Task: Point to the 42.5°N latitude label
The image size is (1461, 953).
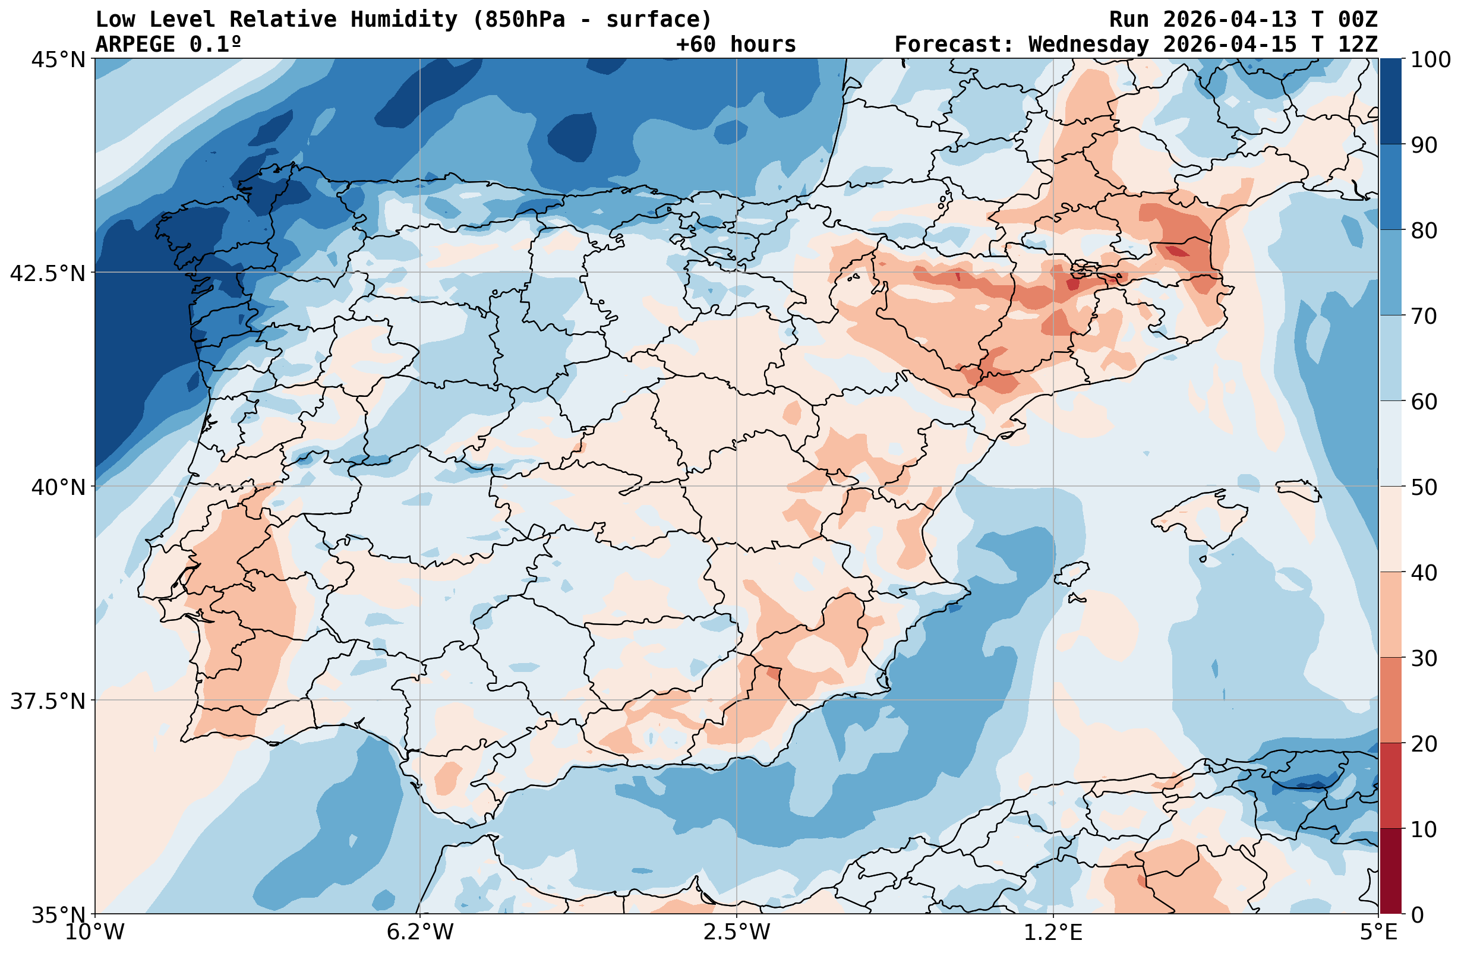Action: (x=48, y=273)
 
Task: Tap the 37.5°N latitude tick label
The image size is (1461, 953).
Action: (x=48, y=700)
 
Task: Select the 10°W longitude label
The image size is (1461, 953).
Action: (x=94, y=932)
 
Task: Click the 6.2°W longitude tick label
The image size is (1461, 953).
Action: (x=420, y=932)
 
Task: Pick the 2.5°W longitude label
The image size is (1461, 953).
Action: (x=736, y=932)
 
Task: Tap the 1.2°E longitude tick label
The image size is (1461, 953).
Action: (x=1053, y=932)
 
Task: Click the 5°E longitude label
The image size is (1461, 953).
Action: (x=1379, y=932)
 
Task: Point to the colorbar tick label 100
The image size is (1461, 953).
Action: (x=1430, y=60)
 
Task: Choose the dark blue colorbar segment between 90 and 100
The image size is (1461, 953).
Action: (x=1391, y=102)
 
